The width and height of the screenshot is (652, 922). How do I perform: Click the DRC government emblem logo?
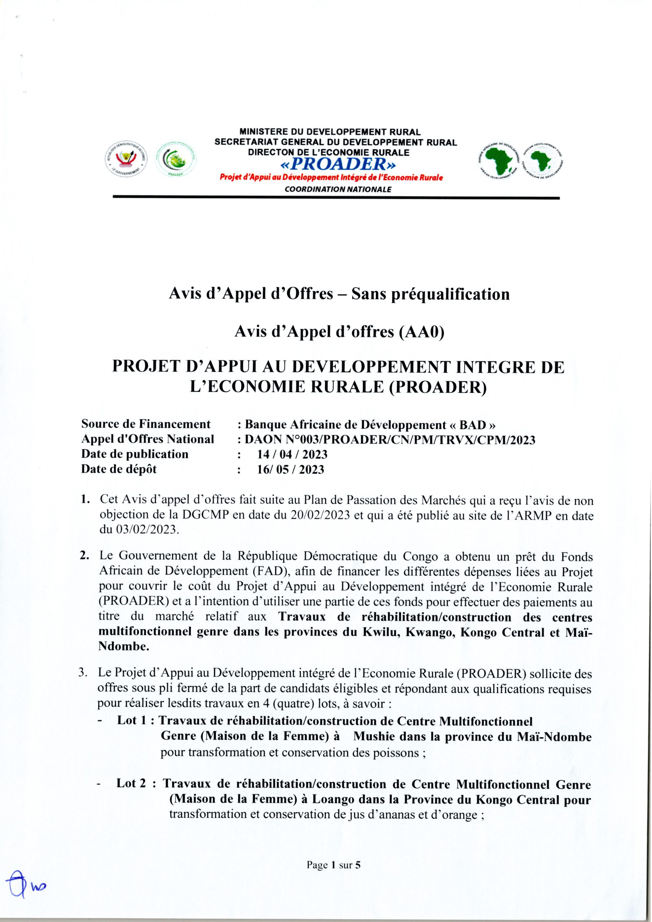click(x=126, y=160)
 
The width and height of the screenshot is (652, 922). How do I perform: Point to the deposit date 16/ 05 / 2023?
click(x=290, y=469)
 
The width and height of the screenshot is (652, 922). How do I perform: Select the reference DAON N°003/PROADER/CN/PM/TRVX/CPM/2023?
click(x=390, y=440)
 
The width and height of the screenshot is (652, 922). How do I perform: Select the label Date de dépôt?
click(x=119, y=469)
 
